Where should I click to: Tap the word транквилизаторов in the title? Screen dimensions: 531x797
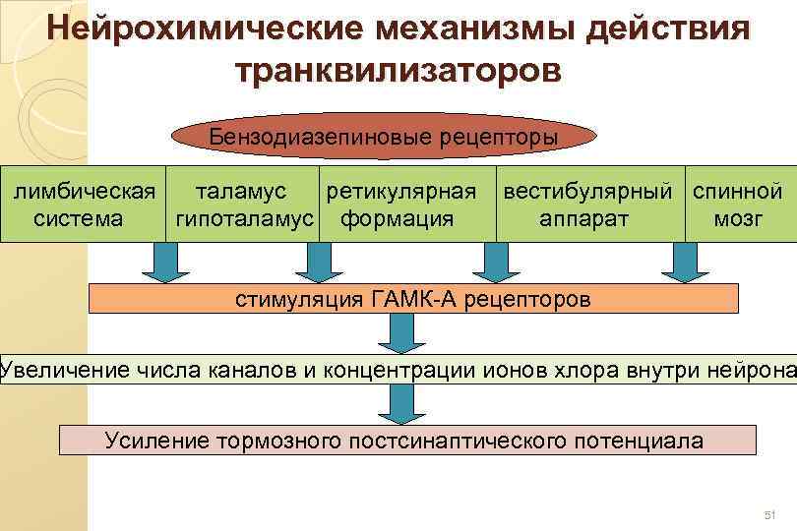pos(398,71)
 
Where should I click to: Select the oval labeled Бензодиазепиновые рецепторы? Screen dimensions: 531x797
pos(383,136)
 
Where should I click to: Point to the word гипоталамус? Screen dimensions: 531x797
pos(244,218)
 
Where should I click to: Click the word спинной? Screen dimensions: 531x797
pos(737,191)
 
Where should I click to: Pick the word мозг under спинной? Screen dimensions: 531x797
pos(738,218)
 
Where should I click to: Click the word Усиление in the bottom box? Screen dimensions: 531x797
pos(156,440)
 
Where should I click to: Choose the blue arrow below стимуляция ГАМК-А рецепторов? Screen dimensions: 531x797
pos(398,333)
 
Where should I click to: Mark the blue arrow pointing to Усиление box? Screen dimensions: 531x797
pos(398,403)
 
